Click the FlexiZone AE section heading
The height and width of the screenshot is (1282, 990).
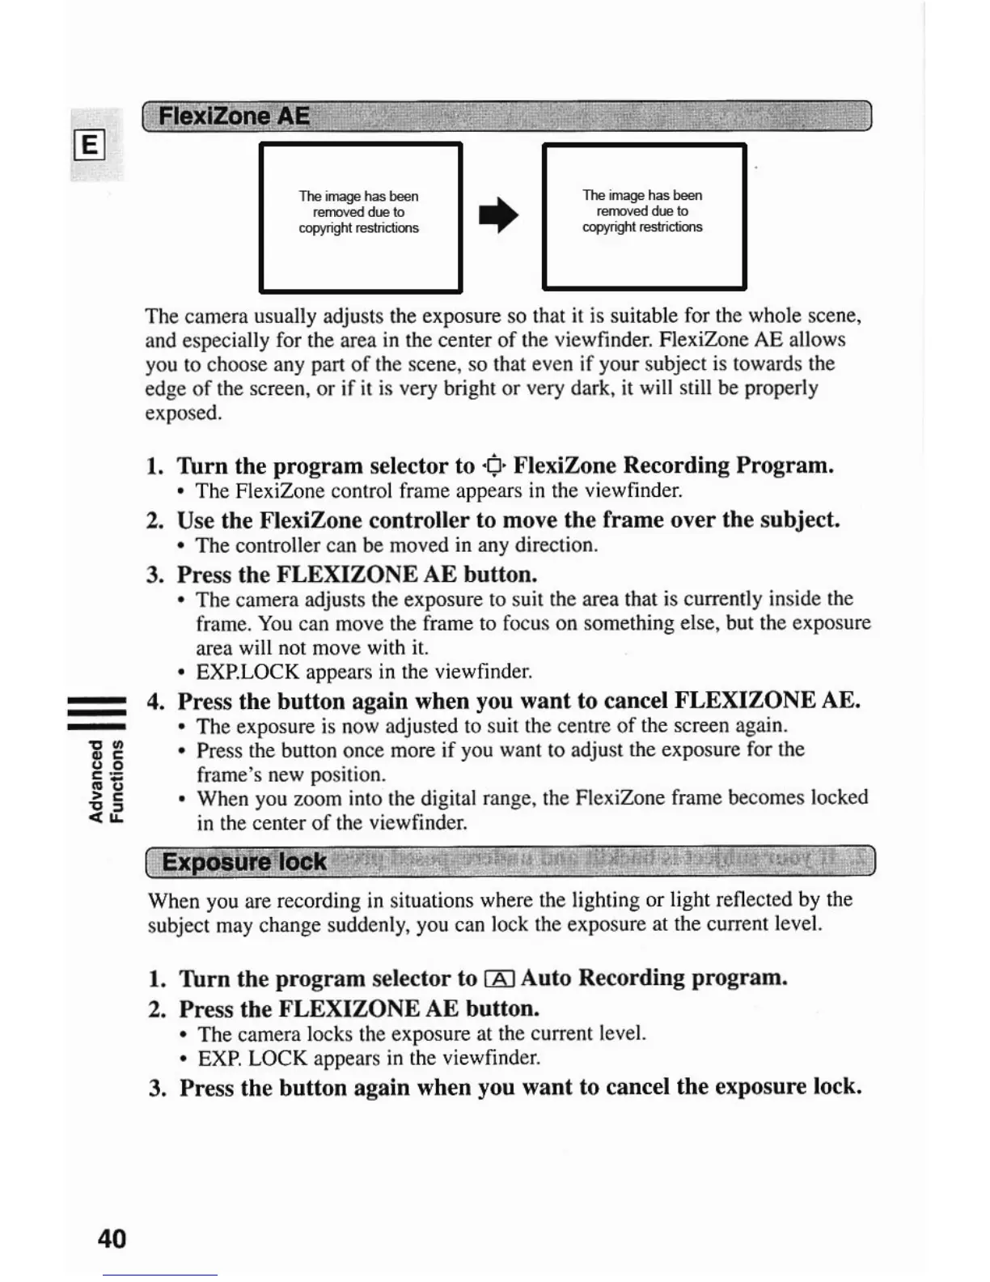pos(234,117)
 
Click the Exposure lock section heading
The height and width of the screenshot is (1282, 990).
pos(244,862)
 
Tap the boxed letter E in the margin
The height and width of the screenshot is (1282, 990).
pos(89,146)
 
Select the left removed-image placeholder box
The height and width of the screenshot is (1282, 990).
pos(360,217)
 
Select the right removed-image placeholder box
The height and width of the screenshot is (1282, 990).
pos(644,216)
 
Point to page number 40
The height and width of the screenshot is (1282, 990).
pos(112,1238)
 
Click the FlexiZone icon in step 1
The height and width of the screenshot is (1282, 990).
pos(493,465)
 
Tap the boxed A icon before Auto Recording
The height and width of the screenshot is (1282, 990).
pos(498,979)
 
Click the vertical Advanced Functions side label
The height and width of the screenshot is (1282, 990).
pos(106,781)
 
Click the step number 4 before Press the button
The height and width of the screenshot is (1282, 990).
pos(155,701)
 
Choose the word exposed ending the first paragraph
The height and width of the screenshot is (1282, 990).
pos(182,413)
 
